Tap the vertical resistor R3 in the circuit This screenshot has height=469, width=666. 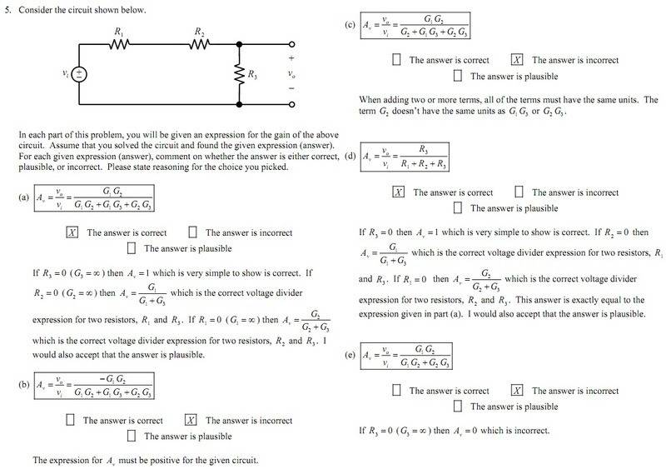click(239, 74)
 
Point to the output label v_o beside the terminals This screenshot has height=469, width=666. click(291, 74)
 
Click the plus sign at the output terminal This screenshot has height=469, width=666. click(291, 58)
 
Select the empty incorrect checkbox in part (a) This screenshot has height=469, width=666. click(192, 232)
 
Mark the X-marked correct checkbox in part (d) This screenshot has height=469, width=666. click(399, 192)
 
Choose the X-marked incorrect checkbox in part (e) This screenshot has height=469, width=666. click(517, 390)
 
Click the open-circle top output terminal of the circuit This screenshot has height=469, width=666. click(292, 44)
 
